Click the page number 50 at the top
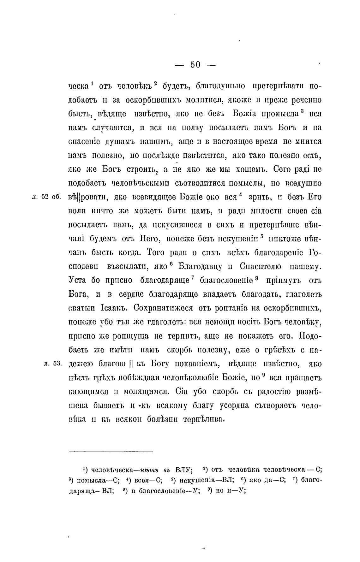[x=195, y=65]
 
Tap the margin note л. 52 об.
[x=47, y=197]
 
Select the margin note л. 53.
[x=52, y=364]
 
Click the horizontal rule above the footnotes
[x=111, y=452]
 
